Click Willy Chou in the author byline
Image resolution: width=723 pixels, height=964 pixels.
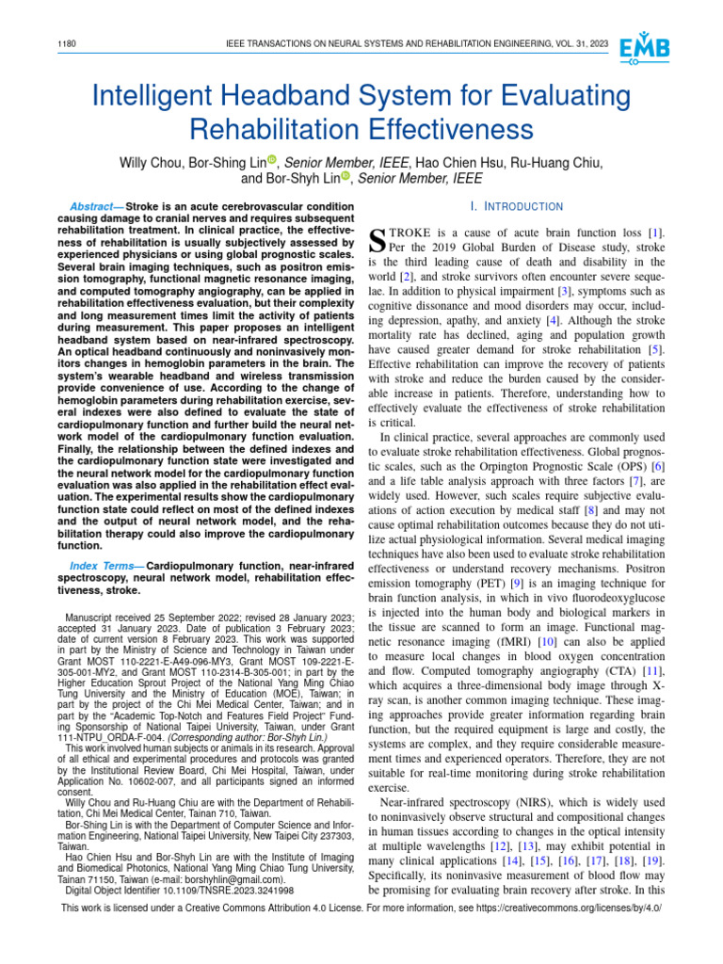point(153,162)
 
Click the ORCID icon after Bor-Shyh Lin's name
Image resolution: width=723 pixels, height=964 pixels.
point(345,177)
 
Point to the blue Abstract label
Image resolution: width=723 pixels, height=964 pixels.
point(97,206)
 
